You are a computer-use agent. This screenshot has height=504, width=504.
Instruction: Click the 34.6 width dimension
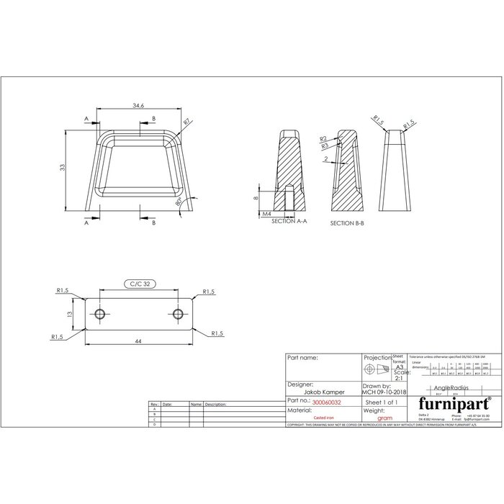[x=138, y=106]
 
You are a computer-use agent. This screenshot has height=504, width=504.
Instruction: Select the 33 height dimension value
[x=63, y=167]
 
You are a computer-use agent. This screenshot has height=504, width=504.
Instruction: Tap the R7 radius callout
[x=187, y=122]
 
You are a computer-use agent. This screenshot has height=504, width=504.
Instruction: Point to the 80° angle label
[x=178, y=204]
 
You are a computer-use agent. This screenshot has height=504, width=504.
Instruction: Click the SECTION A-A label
[x=289, y=222]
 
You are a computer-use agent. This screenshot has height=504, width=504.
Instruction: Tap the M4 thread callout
[x=266, y=214]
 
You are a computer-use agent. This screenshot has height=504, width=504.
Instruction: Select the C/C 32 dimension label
[x=138, y=284]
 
